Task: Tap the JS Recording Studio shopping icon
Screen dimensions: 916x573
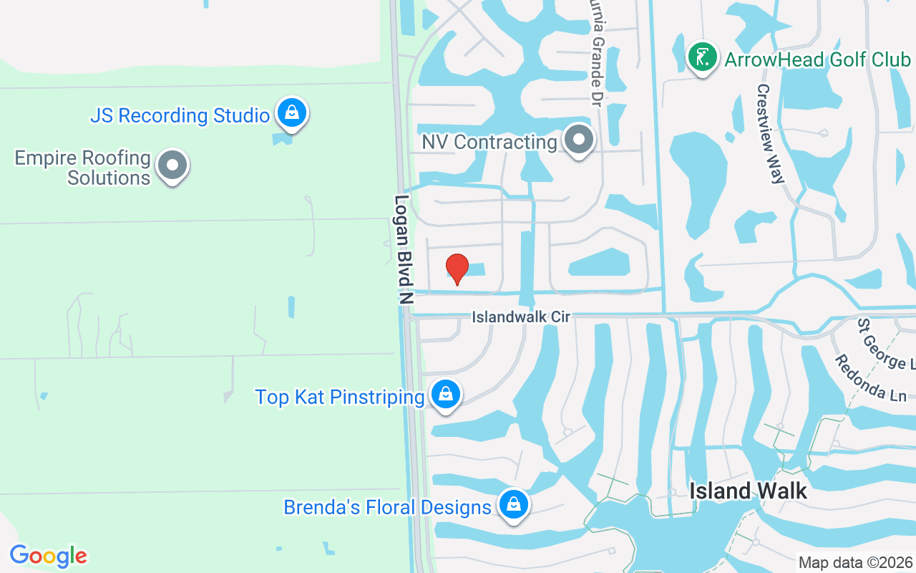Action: point(291,112)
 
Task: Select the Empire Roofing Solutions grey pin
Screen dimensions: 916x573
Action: point(172,165)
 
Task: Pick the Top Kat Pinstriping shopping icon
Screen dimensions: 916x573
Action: point(446,394)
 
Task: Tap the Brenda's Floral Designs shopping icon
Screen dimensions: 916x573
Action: point(513,504)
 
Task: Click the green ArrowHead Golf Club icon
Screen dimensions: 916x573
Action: point(702,57)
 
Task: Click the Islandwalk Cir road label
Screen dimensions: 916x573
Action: point(521,317)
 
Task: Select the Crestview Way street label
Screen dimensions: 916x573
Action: point(771,134)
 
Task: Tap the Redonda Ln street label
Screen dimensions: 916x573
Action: point(870,377)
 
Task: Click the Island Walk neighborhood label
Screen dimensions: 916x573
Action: point(748,491)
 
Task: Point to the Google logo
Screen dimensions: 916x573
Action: point(49,556)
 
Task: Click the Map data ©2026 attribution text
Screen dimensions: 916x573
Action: point(856,563)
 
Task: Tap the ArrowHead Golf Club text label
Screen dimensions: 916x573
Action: point(818,59)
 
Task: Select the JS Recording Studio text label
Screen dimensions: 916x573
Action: point(180,115)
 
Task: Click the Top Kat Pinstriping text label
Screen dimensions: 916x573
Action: point(340,397)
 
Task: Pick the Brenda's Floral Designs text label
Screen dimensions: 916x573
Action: point(387,507)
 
